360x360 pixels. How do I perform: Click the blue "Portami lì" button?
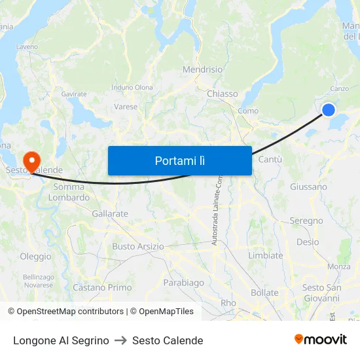[179, 160]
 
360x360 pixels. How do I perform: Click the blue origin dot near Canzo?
[329, 110]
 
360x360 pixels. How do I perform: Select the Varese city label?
[126, 107]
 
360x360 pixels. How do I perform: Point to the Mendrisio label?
[203, 69]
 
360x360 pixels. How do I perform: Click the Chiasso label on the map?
[223, 94]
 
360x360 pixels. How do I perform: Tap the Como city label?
[248, 111]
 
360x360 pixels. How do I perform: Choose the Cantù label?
[270, 160]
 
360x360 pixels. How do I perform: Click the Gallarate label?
[110, 214]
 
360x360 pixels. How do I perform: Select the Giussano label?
[308, 187]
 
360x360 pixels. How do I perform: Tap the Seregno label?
[306, 221]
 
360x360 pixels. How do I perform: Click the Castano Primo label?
[102, 287]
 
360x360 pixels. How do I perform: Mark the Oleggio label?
[35, 257]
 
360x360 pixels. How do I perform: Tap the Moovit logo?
[321, 340]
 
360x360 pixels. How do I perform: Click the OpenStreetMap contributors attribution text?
[70, 312]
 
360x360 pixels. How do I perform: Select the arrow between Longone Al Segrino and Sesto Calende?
[120, 340]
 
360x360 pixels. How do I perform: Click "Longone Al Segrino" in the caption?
[61, 340]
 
